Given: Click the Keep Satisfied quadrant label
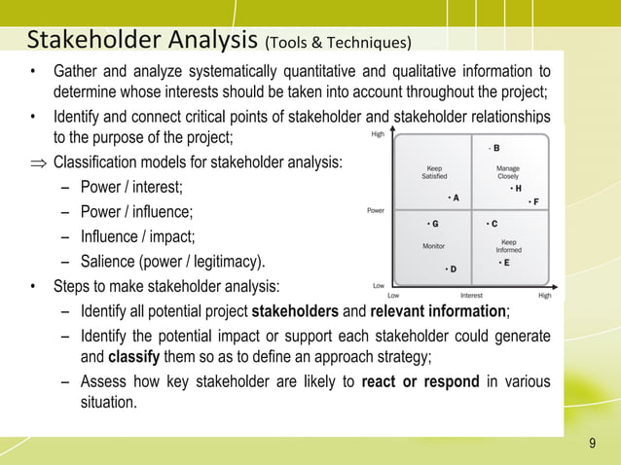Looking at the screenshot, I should point(434,171).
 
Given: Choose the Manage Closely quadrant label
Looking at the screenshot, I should point(507,171).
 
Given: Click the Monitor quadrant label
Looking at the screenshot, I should point(433,246).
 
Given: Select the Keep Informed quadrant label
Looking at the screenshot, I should point(508,246).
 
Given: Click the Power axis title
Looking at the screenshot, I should point(375,209).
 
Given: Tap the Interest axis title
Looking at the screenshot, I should point(471,295).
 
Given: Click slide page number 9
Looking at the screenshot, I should point(592,445).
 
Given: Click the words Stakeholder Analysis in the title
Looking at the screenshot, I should point(143,40).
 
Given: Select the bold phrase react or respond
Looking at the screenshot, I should point(420,381).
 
